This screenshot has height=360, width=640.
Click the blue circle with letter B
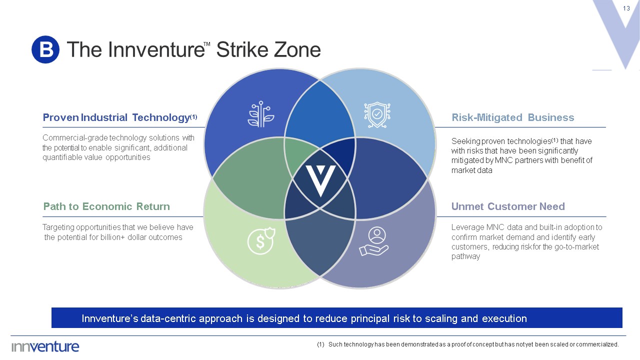[x=45, y=49]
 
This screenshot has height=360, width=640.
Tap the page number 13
[x=626, y=8]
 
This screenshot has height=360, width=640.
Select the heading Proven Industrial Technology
[x=115, y=117]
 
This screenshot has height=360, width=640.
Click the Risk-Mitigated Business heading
[x=512, y=117]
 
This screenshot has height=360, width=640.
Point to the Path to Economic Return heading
[x=106, y=206]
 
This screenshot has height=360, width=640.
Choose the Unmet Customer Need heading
[x=508, y=206]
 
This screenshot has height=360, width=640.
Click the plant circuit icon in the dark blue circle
[x=260, y=114]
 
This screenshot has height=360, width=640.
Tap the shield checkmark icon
[x=377, y=114]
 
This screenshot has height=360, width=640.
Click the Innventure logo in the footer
[x=45, y=346]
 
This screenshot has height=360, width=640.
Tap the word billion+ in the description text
[x=121, y=237]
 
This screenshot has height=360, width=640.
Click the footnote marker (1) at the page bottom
[x=320, y=344]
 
